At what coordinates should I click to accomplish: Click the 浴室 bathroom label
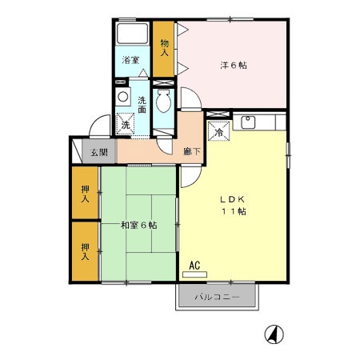pyautogui.click(x=130, y=60)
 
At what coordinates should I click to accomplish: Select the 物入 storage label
pyautogui.click(x=165, y=48)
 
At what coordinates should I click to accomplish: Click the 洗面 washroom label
pyautogui.click(x=142, y=104)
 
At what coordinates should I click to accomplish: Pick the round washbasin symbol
pyautogui.click(x=123, y=97)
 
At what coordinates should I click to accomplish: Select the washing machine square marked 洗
pyautogui.click(x=126, y=126)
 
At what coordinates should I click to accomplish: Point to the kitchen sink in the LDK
pyautogui.click(x=247, y=122)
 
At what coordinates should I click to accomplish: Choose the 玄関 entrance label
pyautogui.click(x=98, y=152)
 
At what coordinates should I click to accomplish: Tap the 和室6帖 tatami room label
pyautogui.click(x=139, y=225)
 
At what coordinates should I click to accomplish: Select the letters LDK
pyautogui.click(x=233, y=198)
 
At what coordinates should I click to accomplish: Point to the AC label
pyautogui.click(x=194, y=264)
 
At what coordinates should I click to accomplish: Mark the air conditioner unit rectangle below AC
pyautogui.click(x=194, y=274)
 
